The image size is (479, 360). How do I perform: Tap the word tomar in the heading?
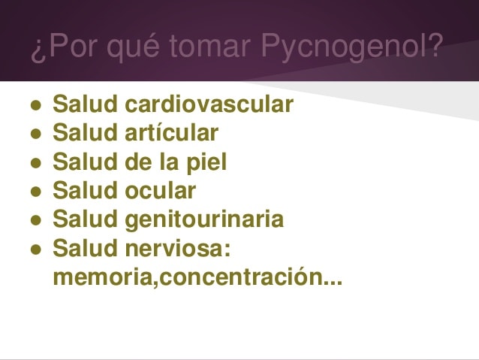(210, 46)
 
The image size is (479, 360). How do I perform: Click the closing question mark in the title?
(435, 45)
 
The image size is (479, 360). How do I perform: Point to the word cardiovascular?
(209, 104)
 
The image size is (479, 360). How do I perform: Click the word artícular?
(172, 132)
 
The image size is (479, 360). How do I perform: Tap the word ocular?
(161, 190)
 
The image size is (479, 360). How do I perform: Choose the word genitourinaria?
(204, 219)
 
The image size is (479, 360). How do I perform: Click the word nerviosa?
(174, 248)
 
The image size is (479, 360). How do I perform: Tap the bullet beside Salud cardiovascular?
(36, 105)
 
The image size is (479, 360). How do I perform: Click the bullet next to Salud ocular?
(36, 192)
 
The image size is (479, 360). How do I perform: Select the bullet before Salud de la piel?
(36, 163)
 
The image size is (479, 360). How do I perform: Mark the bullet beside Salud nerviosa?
(36, 250)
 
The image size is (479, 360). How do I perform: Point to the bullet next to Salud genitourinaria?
(36, 220)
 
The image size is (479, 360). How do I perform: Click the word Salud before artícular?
(86, 132)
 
